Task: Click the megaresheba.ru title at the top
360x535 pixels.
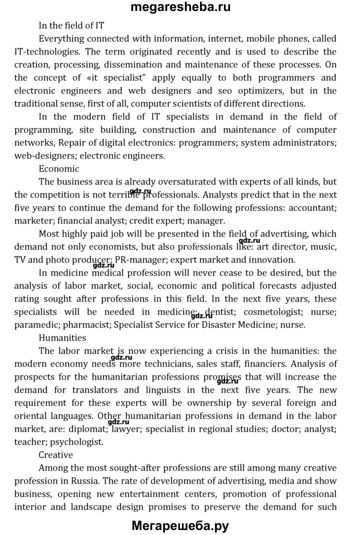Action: pyautogui.click(x=180, y=7)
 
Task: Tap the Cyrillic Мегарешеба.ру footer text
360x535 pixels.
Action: pyautogui.click(x=180, y=525)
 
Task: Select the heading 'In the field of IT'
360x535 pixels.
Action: pyautogui.click(x=71, y=25)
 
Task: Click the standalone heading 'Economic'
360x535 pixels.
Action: pyautogui.click(x=58, y=168)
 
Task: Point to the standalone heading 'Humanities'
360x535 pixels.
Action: pyautogui.click(x=62, y=337)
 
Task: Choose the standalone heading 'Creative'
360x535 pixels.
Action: pyautogui.click(x=55, y=454)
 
